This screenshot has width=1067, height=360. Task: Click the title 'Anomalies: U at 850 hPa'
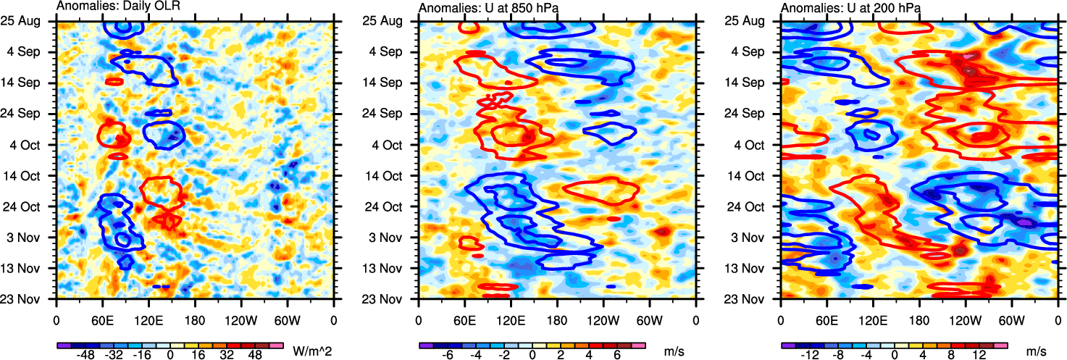[x=482, y=7]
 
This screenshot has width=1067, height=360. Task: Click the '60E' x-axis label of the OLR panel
[x=102, y=318]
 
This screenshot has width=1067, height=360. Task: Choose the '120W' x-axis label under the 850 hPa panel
[x=603, y=318]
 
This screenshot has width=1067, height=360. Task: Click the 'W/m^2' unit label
[x=312, y=351]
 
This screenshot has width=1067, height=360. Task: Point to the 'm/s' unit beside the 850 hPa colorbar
[x=674, y=351]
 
